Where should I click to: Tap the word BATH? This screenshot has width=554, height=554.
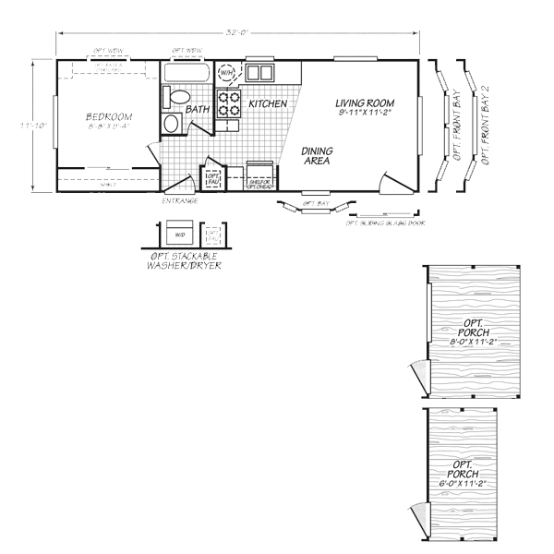[197, 110]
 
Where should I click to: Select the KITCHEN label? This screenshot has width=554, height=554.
[268, 103]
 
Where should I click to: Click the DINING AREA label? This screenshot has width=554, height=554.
[318, 155]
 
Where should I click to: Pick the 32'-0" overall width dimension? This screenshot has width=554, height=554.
[239, 32]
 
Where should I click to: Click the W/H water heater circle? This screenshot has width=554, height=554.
[227, 72]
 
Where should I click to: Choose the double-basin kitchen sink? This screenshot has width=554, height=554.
[259, 72]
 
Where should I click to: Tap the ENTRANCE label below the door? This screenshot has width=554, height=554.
[178, 200]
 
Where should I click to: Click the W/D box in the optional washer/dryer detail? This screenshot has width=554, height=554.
[177, 235]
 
